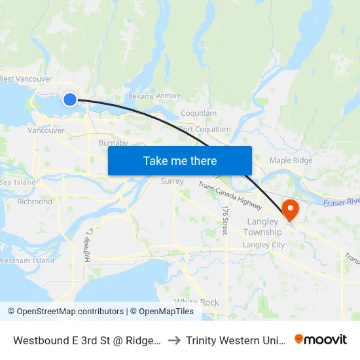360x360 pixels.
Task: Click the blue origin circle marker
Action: pos(70,99)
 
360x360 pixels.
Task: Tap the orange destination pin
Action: pos(289,209)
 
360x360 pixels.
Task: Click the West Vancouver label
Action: pos(26,79)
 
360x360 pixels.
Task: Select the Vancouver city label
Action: pos(46,130)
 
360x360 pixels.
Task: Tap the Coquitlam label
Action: pos(198,113)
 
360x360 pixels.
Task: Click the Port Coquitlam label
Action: pos(205,130)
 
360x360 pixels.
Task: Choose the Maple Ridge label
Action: pos(291,160)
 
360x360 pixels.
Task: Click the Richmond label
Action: pos(35,202)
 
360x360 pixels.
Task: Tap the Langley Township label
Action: pos(263,226)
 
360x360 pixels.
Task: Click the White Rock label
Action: pos(196,302)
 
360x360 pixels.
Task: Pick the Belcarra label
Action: pos(141,96)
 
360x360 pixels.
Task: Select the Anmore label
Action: pos(169,96)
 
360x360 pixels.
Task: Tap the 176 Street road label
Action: pos(225,220)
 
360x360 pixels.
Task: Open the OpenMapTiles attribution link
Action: pos(163,312)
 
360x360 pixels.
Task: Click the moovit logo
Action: pos(321,339)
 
